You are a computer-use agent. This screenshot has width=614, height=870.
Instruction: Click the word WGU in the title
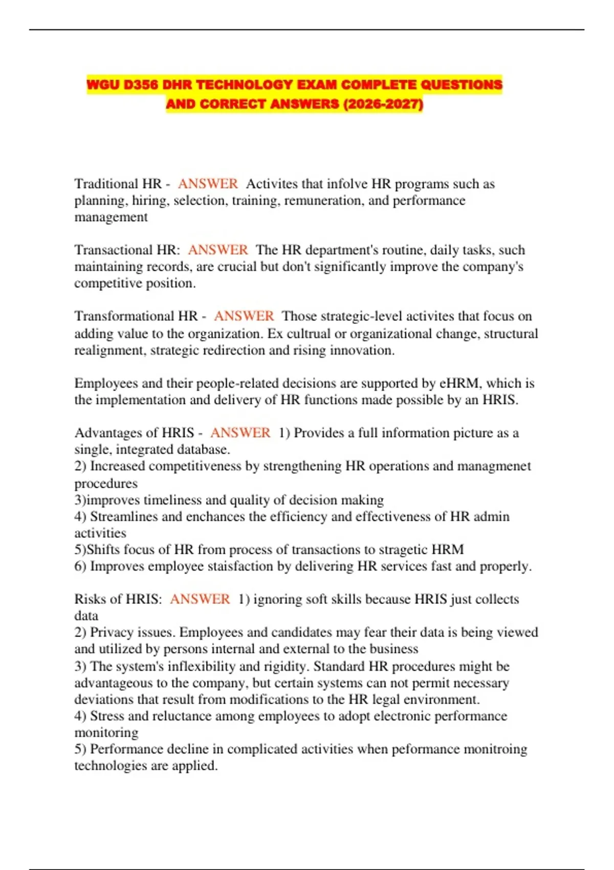(103, 84)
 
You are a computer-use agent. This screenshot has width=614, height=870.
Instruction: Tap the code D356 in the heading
(141, 84)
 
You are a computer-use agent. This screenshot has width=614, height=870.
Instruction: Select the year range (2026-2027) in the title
(383, 104)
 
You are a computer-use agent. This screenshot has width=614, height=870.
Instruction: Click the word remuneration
(324, 201)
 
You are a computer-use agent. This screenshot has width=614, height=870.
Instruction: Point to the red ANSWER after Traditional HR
(208, 184)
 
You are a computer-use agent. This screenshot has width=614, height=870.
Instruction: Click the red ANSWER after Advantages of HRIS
(240, 433)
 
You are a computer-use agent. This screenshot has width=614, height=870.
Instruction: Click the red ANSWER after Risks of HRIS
(200, 599)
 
